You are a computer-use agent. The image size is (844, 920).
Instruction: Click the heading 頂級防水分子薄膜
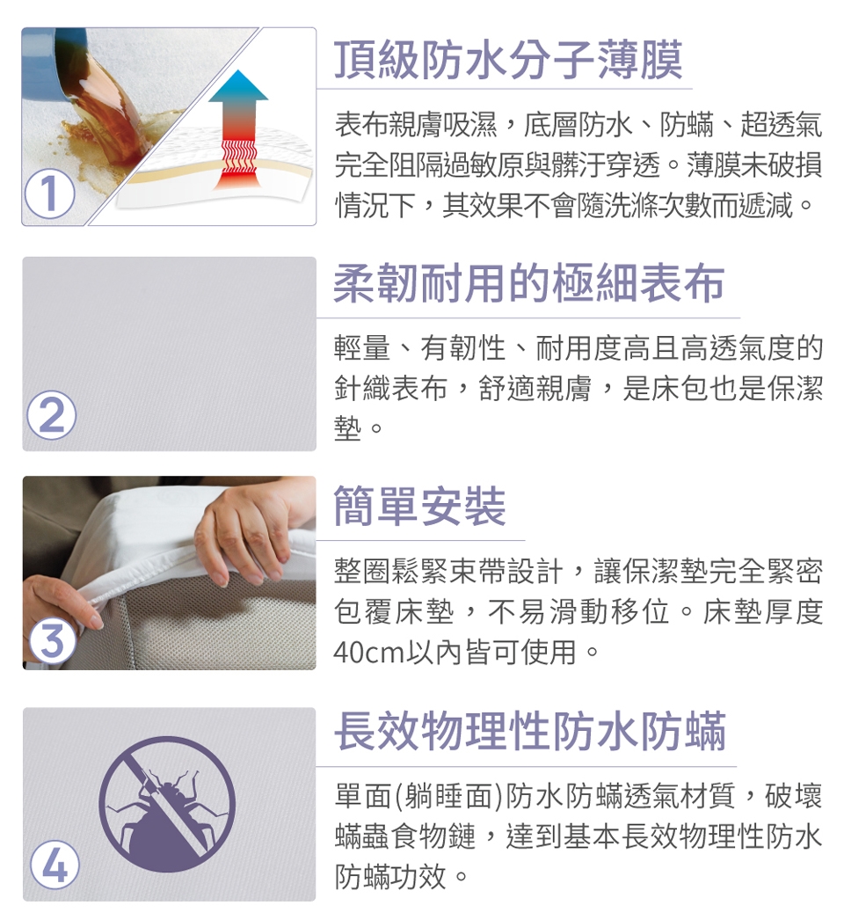(508, 59)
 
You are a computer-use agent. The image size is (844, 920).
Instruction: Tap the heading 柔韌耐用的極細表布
(529, 283)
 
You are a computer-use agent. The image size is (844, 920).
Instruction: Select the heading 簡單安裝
(419, 506)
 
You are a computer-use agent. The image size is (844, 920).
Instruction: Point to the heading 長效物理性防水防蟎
(529, 731)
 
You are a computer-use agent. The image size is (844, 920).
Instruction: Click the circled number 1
(50, 193)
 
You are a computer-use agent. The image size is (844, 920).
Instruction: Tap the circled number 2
(52, 415)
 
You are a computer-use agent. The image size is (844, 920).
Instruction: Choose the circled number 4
(55, 865)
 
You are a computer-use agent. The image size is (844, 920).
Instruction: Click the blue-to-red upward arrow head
(238, 87)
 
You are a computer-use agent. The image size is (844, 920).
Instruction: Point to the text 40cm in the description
(369, 652)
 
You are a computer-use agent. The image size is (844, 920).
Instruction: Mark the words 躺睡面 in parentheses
(450, 796)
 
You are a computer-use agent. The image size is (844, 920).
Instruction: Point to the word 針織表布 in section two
(390, 389)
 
